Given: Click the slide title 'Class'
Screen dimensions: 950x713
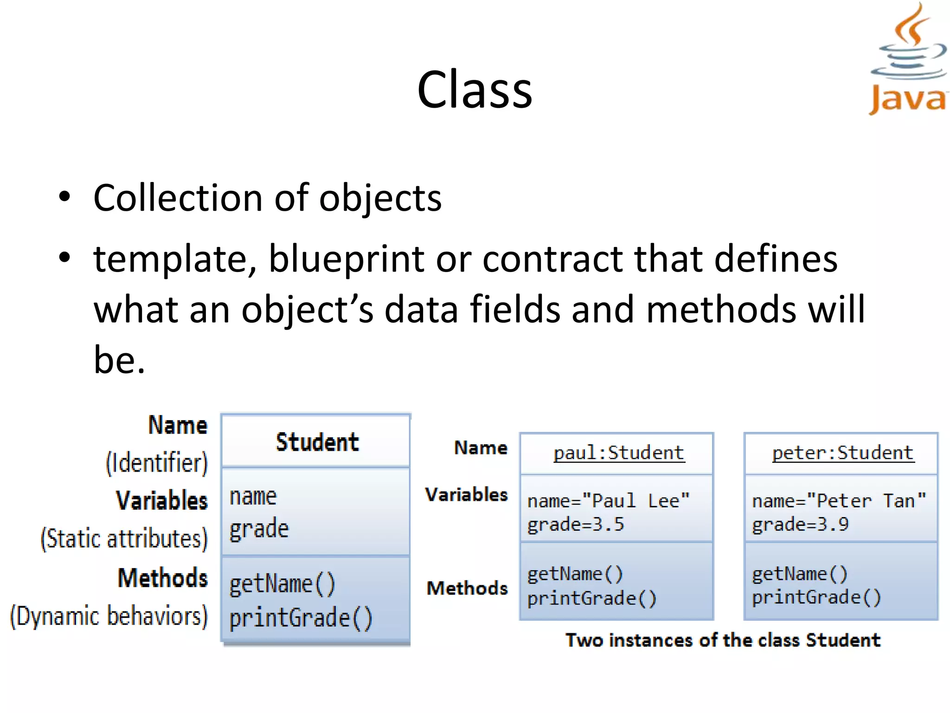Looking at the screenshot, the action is (475, 90).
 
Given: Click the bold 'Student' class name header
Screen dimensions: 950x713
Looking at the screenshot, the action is (317, 442).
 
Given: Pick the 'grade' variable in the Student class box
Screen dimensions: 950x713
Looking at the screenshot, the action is (259, 529).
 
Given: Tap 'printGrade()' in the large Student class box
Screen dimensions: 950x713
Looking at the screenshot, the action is (301, 618).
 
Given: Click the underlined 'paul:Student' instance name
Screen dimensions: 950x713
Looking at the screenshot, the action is (619, 453).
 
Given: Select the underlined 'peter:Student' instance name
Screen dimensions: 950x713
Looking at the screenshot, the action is (843, 453).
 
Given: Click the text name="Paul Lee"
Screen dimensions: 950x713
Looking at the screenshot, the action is (609, 501).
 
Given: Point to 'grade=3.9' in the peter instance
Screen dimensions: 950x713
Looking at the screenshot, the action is (800, 525).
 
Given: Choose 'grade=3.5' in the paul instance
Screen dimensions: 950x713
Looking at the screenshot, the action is (576, 525).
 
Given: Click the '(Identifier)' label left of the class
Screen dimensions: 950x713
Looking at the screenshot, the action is (157, 463).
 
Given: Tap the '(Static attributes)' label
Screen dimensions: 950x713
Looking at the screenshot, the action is (124, 539).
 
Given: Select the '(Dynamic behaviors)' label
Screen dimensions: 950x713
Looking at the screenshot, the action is (109, 616).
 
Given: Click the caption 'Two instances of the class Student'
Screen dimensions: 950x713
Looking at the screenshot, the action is (723, 640).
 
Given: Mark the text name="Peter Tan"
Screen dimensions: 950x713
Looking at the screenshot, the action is (839, 501).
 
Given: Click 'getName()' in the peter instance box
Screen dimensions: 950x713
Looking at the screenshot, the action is (800, 574).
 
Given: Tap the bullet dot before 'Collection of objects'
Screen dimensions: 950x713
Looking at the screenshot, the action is (64, 197).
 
